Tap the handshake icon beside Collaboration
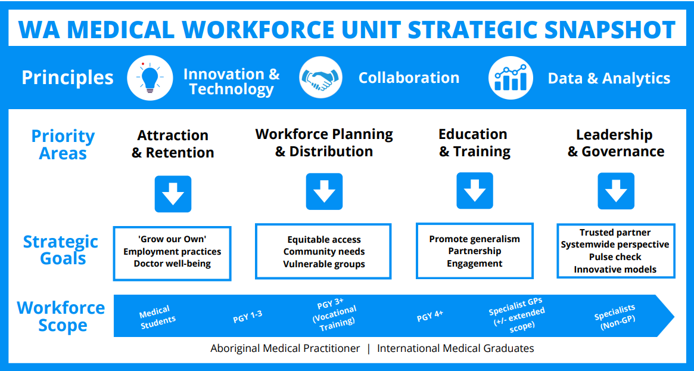click(321, 78)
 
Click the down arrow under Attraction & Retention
click(173, 194)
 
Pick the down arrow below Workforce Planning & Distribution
click(325, 191)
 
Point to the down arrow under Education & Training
click(474, 191)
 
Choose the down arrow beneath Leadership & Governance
click(615, 191)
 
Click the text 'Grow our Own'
click(172, 239)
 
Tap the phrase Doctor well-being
click(172, 264)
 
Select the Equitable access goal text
click(324, 240)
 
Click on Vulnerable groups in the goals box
click(325, 264)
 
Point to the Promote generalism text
click(474, 239)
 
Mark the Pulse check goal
click(615, 257)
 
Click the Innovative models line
click(615, 269)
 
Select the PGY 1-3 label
click(247, 317)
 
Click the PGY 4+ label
click(430, 316)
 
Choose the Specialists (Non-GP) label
click(616, 317)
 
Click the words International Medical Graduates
click(456, 348)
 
